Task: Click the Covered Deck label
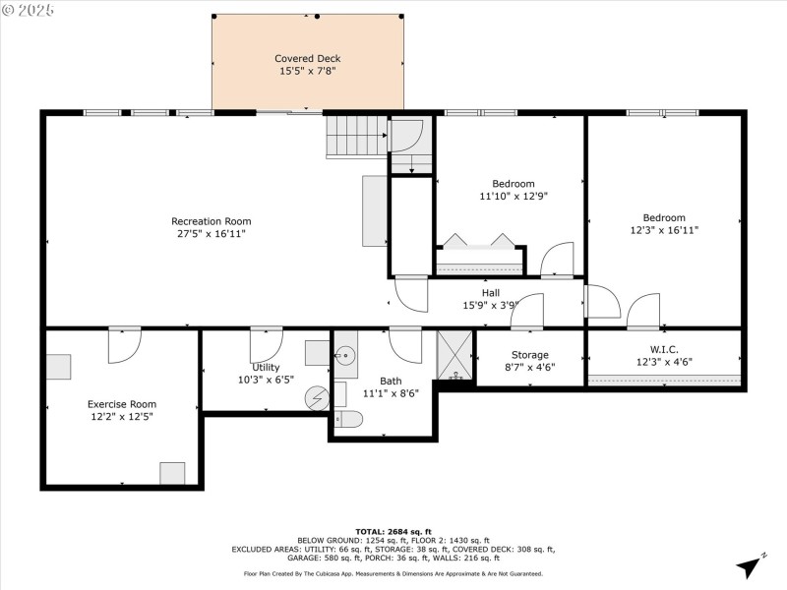308,58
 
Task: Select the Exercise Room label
122,404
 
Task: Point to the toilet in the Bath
349,420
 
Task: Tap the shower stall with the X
454,354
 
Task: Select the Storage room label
530,355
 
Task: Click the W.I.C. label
665,348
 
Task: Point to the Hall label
490,292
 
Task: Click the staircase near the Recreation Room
346,135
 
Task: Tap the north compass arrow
750,566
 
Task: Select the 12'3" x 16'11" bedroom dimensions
664,231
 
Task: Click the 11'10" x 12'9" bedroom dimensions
514,197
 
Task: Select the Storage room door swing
527,310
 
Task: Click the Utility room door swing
266,344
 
